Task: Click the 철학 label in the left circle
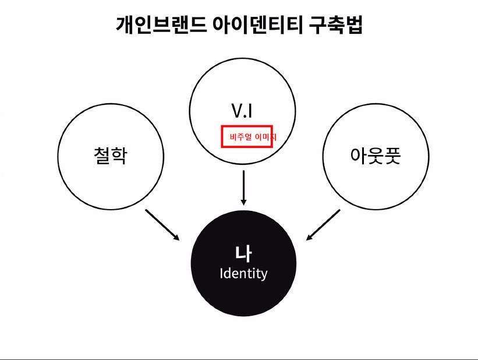(x=110, y=156)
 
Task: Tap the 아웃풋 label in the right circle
(x=376, y=156)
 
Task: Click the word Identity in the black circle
(x=243, y=273)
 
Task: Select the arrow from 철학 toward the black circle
(x=162, y=224)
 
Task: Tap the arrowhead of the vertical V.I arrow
(x=243, y=200)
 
